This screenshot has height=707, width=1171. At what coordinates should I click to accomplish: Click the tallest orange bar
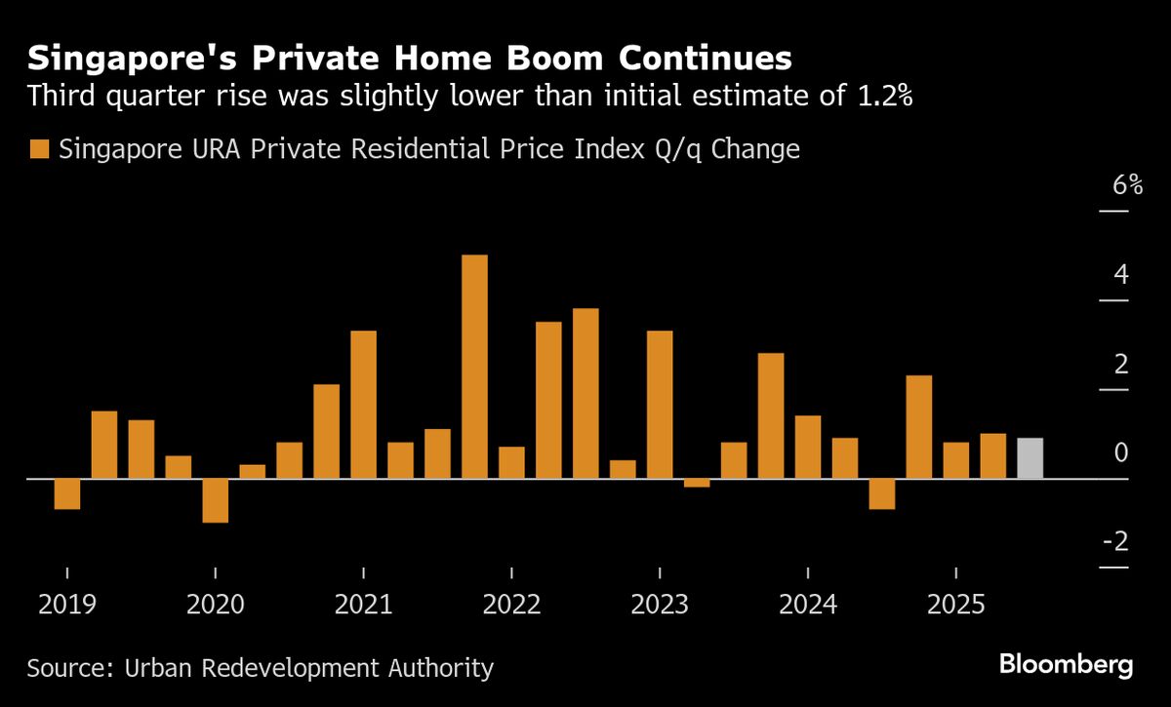point(474,366)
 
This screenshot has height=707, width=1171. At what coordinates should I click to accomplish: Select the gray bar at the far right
point(1030,458)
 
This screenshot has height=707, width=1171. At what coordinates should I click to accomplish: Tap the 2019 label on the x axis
point(67,605)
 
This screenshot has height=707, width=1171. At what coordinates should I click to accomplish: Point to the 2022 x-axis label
point(511,605)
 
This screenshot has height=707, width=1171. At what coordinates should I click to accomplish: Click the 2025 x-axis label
point(955,605)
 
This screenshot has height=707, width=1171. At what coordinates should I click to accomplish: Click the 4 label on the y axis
point(1121,274)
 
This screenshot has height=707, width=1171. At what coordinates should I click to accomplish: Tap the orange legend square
point(39,150)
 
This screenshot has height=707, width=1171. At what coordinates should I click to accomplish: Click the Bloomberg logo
point(1066,666)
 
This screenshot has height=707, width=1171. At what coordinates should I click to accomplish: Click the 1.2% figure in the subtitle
point(881,98)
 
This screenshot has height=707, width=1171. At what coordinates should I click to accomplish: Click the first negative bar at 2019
point(67,493)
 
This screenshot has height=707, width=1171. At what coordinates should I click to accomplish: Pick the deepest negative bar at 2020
point(215,500)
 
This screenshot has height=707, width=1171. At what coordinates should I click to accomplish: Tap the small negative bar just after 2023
point(697,483)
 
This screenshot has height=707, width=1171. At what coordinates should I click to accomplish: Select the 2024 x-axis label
point(807,605)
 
